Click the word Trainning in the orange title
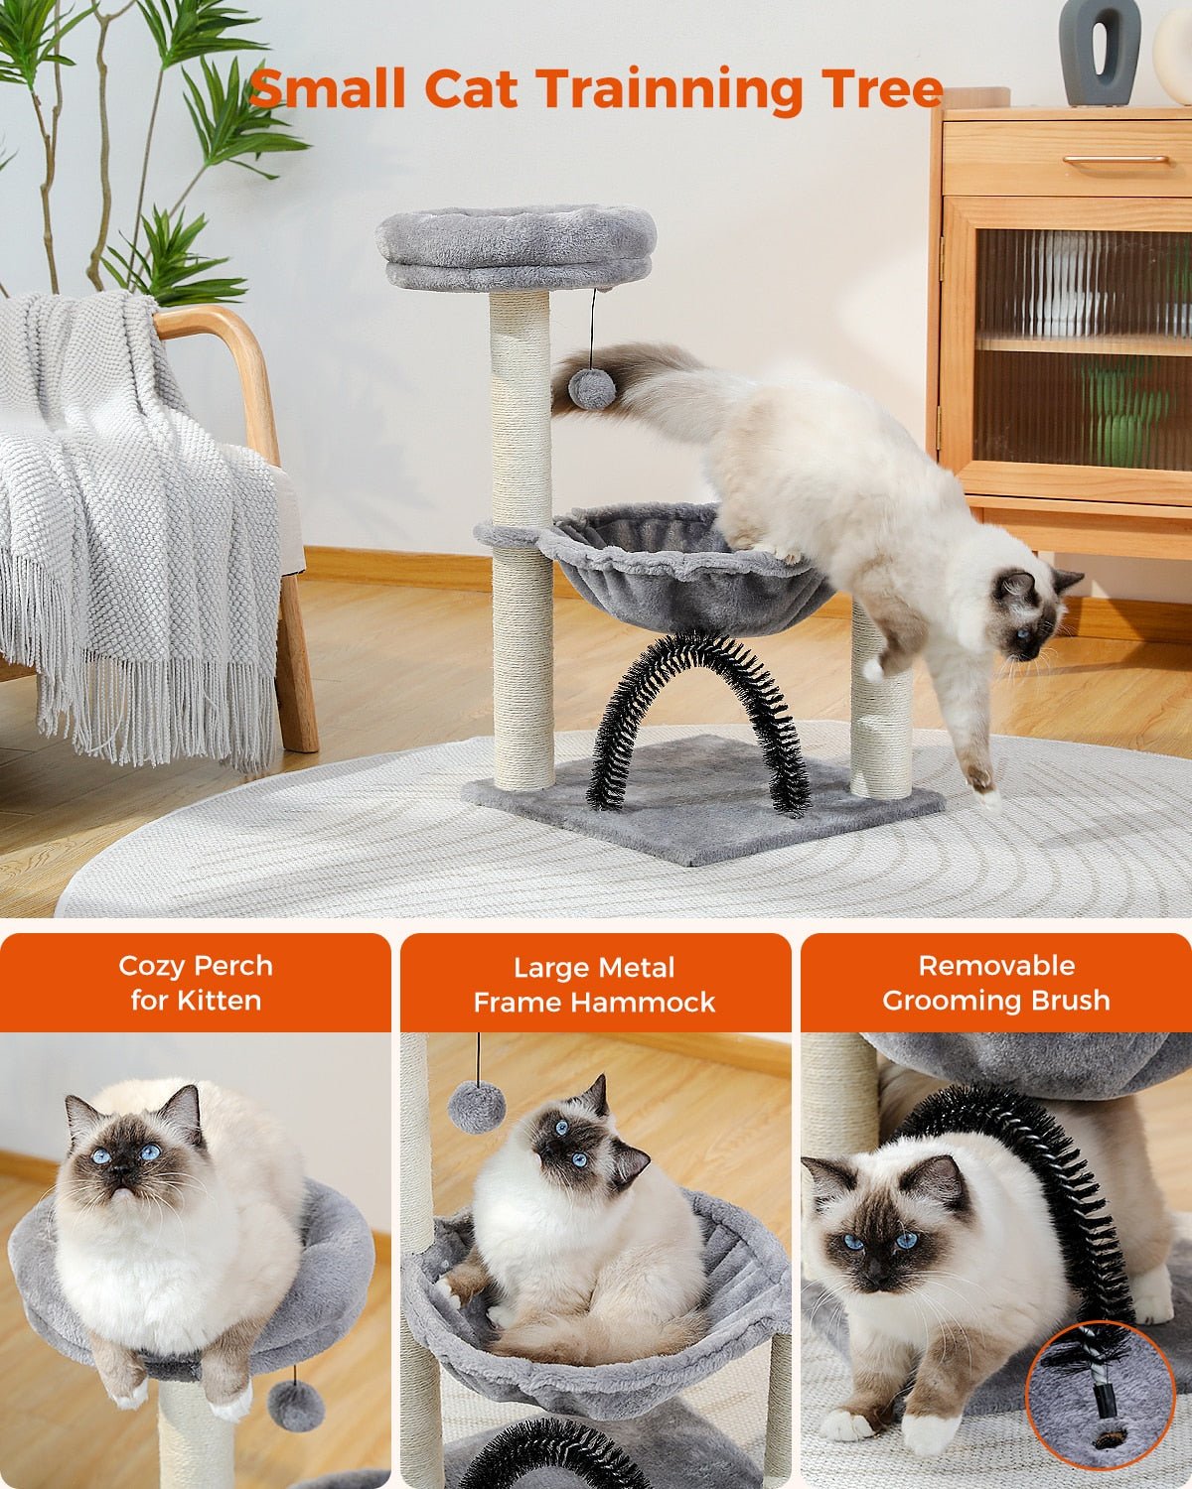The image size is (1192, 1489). pos(669,89)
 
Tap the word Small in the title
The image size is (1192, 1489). pos(327,87)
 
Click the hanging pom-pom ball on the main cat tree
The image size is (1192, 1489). pos(591,388)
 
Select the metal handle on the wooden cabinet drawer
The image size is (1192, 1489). pos(1116,159)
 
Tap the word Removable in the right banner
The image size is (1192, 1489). pos(996,966)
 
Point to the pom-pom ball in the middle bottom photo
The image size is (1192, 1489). pos(477,1107)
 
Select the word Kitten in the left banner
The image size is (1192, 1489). pos(219,1001)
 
